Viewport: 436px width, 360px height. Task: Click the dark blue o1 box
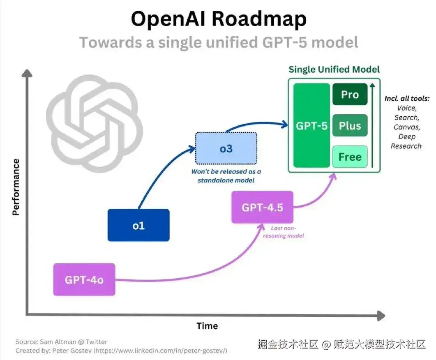pyautogui.click(x=138, y=225)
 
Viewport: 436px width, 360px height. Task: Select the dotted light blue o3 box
pyautogui.click(x=226, y=148)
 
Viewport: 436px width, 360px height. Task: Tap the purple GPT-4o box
pyautogui.click(x=84, y=279)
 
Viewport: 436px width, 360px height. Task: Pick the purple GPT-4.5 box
pyautogui.click(x=262, y=207)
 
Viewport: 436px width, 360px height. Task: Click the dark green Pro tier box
pyautogui.click(x=350, y=94)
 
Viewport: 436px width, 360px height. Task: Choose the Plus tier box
pyautogui.click(x=350, y=125)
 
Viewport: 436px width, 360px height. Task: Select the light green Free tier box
pyautogui.click(x=350, y=157)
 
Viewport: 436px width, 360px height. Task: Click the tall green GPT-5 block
pyautogui.click(x=312, y=125)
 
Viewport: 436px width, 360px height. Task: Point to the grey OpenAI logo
pyautogui.click(x=95, y=124)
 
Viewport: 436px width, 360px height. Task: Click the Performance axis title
pyautogui.click(x=16, y=187)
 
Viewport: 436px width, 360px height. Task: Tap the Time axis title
pyautogui.click(x=207, y=326)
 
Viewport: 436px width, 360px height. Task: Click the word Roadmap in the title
pyautogui.click(x=259, y=19)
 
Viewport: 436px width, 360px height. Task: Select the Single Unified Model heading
pyautogui.click(x=334, y=69)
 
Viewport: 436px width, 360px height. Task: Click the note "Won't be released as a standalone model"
pyautogui.click(x=226, y=176)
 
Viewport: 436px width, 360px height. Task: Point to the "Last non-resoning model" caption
pyautogui.click(x=284, y=232)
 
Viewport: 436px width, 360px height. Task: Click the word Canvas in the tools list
pyautogui.click(x=407, y=127)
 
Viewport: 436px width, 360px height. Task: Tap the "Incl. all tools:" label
pyautogui.click(x=407, y=98)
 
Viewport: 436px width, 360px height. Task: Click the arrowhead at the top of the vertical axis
pyautogui.click(x=27, y=73)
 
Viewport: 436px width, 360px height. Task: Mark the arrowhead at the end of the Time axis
pyautogui.click(x=381, y=316)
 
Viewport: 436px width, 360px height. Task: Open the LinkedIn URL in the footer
pyautogui.click(x=160, y=351)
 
